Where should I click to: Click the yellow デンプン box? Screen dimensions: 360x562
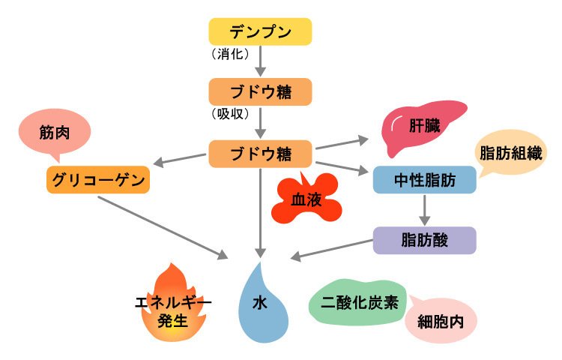click(x=259, y=32)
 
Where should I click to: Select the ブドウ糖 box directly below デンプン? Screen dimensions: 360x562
click(x=259, y=92)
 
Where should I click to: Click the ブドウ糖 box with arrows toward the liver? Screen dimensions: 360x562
click(x=259, y=153)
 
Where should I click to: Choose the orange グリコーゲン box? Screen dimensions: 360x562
click(x=97, y=180)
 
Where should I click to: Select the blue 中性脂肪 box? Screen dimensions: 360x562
click(x=425, y=180)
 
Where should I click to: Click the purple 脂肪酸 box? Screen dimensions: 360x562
click(x=425, y=241)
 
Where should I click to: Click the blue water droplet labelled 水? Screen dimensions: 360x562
click(x=260, y=304)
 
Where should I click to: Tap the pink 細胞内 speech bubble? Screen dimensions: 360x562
click(x=441, y=323)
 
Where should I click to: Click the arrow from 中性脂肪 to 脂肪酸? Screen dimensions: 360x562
click(x=425, y=211)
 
